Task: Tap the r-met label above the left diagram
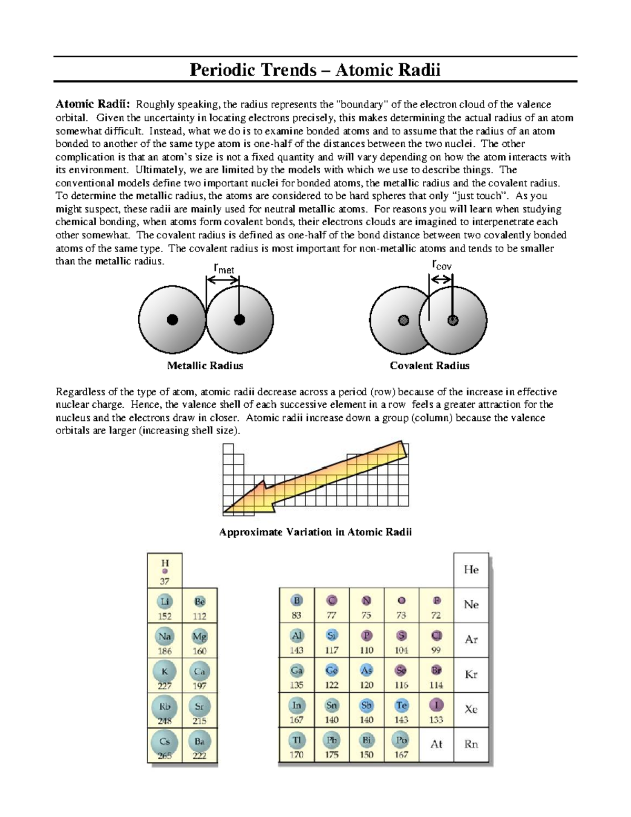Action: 223,268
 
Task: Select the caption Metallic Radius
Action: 205,366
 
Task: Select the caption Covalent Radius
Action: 429,366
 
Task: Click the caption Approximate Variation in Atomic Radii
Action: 315,532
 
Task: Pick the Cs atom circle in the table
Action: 165,742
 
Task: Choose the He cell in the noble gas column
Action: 471,570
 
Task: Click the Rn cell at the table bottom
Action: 471,744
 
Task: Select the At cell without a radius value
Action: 436,744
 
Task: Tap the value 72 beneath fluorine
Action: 436,615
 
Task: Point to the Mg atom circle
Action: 199,637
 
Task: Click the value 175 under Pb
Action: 332,754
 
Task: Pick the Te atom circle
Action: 401,705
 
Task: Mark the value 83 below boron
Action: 297,615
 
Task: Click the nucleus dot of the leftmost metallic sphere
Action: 172,319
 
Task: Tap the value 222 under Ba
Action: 199,756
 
